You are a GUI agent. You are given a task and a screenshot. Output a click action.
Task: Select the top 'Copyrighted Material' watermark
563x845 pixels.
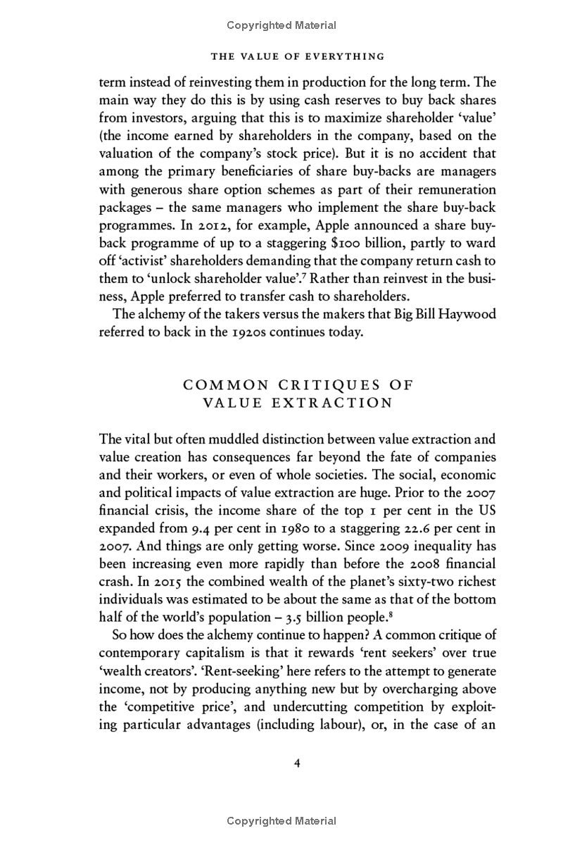[x=281, y=25]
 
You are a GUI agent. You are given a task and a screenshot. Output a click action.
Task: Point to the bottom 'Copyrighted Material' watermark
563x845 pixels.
[x=281, y=820]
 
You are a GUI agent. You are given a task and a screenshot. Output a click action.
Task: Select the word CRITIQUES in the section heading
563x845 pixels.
[x=331, y=384]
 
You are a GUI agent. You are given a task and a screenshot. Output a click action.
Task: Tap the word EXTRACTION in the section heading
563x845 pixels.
[x=334, y=403]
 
